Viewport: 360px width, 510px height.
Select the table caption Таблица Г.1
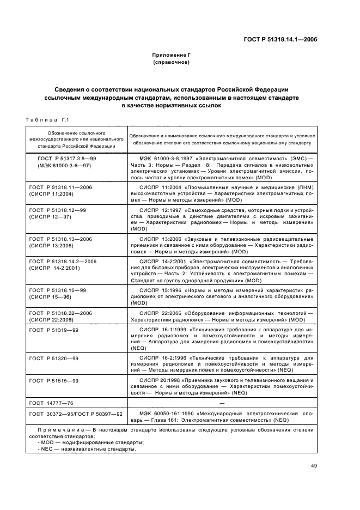click(x=47, y=120)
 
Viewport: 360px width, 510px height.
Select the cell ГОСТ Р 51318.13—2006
click(x=60, y=238)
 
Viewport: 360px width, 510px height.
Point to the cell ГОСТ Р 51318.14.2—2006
click(x=62, y=261)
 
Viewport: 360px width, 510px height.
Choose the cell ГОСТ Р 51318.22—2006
click(x=60, y=313)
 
